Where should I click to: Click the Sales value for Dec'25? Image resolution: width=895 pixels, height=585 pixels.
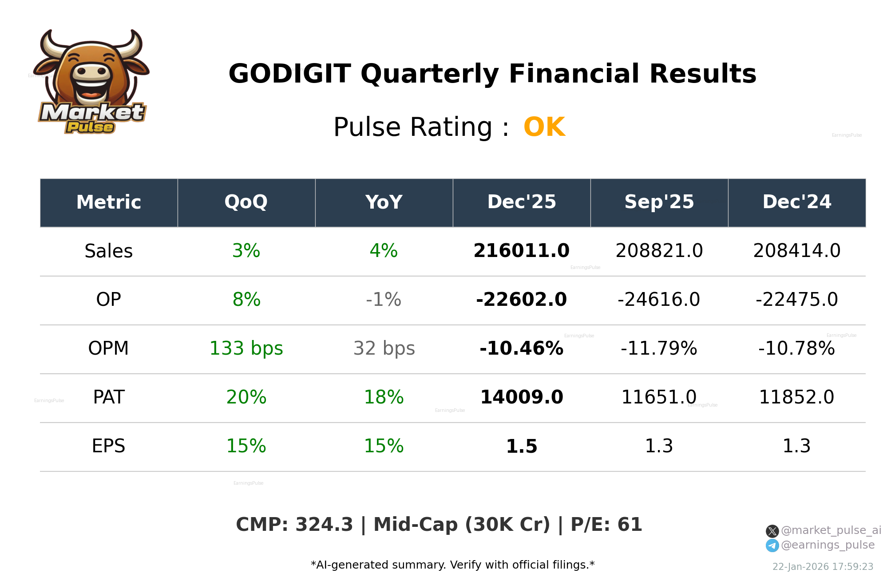coord(521,251)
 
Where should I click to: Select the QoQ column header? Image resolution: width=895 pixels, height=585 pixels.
coord(246,202)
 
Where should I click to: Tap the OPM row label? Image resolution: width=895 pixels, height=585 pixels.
coord(108,348)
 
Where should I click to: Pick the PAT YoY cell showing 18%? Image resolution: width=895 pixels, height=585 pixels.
coord(384,397)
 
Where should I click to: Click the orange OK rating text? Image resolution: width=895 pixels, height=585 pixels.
coord(544,127)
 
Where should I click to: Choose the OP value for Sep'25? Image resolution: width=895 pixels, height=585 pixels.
coord(659,300)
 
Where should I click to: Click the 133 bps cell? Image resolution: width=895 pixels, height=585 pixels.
coord(246,348)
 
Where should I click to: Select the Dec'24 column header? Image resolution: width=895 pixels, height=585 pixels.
coord(796,202)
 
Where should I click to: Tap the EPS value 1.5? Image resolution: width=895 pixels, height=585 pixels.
coord(521,446)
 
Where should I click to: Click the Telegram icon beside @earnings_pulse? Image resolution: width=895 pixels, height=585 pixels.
coord(772,545)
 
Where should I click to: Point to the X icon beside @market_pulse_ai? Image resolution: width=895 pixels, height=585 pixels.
coord(772,531)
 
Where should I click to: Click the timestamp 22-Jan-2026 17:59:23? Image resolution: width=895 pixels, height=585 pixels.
coord(823,567)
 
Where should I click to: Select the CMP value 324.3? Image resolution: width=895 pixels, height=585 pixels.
coord(324,525)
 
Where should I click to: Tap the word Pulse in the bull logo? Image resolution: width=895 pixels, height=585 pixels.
coord(90,127)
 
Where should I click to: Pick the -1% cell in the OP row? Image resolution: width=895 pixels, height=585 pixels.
coord(384,300)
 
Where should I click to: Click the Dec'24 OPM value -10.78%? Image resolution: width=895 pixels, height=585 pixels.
coord(796,348)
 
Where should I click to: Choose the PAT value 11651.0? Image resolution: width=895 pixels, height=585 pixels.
coord(659,397)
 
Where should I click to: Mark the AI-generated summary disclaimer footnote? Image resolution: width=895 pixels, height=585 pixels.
coord(452,565)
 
